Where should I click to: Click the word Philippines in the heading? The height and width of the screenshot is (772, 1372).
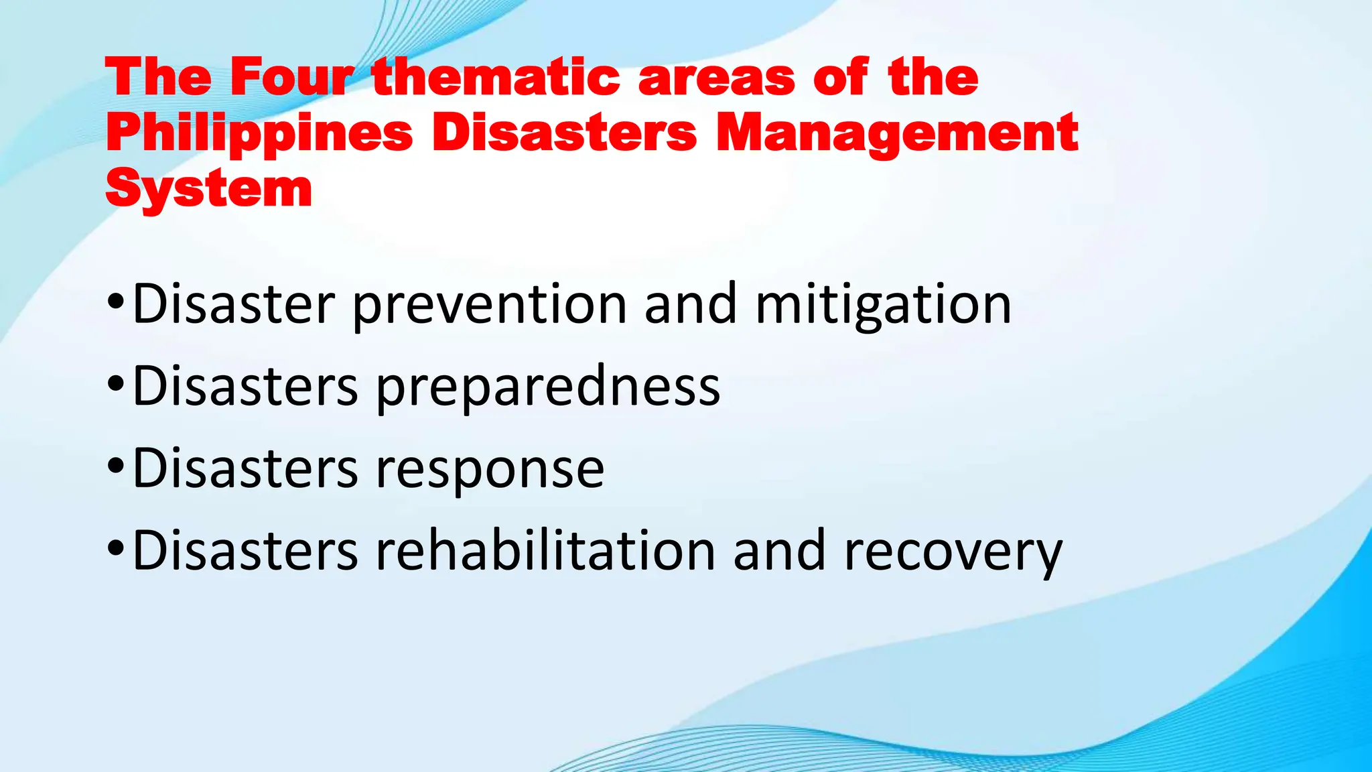[259, 134]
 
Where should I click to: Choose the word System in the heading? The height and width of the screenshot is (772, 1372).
[208, 189]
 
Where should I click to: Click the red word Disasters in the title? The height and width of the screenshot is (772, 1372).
[564, 133]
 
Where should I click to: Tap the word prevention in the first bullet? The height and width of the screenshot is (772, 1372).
[490, 305]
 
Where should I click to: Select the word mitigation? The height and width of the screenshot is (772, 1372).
[883, 305]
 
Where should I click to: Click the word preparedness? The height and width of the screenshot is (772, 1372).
[547, 387]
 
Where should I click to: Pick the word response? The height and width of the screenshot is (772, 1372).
[490, 469]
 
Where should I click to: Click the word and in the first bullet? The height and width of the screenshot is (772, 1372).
[691, 305]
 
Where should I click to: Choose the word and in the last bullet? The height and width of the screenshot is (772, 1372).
[779, 551]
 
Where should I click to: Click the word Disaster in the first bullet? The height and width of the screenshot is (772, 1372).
[234, 305]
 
